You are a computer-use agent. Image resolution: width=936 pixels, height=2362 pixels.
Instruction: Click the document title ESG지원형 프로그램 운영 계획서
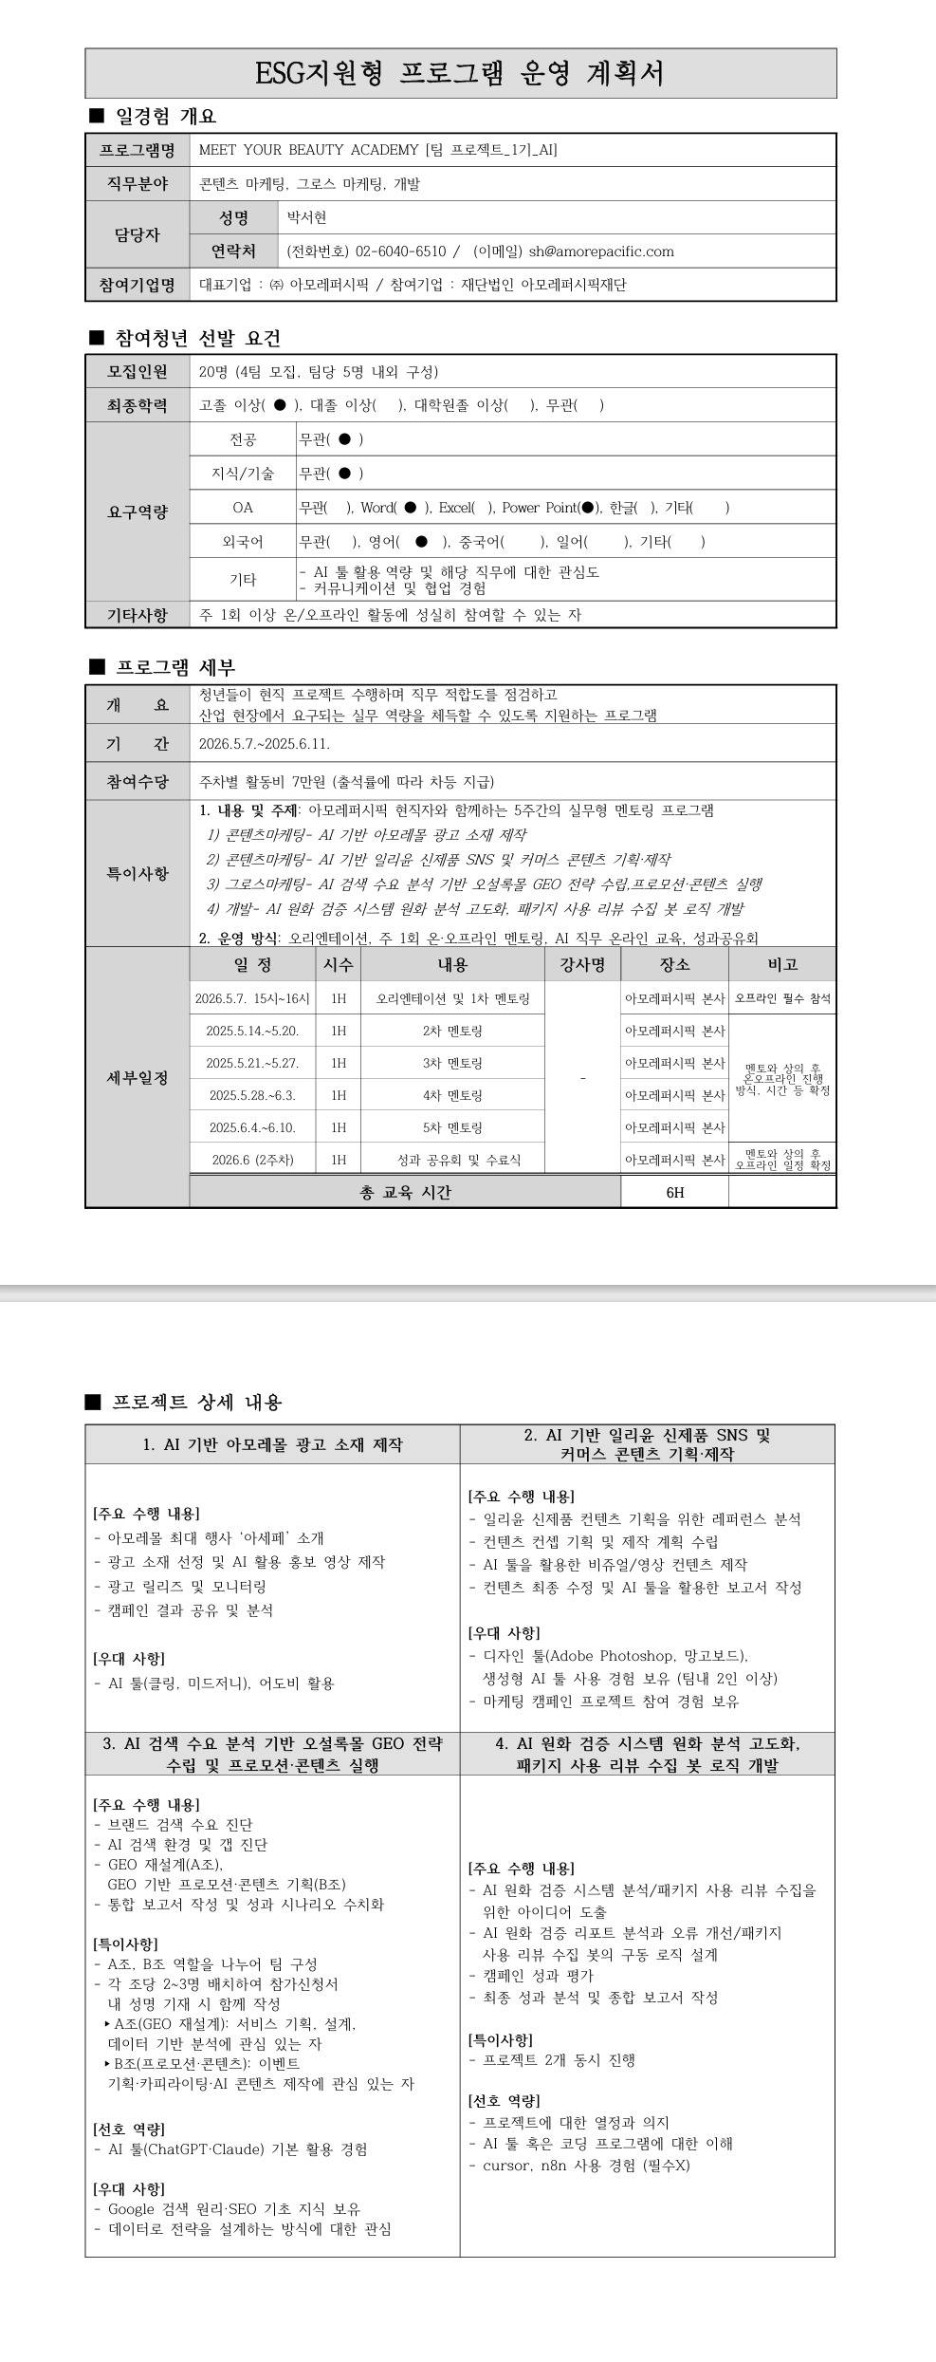pyautogui.click(x=460, y=73)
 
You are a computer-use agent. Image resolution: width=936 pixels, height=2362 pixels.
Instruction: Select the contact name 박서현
pyautogui.click(x=307, y=217)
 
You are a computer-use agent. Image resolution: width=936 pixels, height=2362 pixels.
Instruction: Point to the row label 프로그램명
pyautogui.click(x=138, y=150)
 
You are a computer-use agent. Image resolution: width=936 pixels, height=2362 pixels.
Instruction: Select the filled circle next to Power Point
pyautogui.click(x=588, y=508)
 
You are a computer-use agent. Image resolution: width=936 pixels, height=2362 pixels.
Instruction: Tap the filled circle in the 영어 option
pyautogui.click(x=421, y=542)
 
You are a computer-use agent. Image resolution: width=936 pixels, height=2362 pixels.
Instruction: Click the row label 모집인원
pyautogui.click(x=138, y=371)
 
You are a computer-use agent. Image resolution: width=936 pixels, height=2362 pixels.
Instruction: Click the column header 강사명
pyautogui.click(x=582, y=964)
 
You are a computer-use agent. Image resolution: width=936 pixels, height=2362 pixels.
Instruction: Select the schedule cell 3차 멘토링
pyautogui.click(x=452, y=1063)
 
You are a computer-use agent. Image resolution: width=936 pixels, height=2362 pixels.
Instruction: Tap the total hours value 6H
pyautogui.click(x=674, y=1192)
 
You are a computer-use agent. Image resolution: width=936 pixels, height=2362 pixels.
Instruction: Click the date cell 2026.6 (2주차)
pyautogui.click(x=252, y=1160)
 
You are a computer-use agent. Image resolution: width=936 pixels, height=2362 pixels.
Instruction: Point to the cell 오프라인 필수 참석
pyautogui.click(x=782, y=998)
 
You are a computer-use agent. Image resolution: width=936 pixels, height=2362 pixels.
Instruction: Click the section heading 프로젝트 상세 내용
pyautogui.click(x=196, y=1402)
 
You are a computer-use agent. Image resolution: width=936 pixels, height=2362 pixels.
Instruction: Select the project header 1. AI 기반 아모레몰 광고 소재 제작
pyautogui.click(x=272, y=1444)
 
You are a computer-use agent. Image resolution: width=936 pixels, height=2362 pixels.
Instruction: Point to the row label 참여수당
pyautogui.click(x=138, y=782)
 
